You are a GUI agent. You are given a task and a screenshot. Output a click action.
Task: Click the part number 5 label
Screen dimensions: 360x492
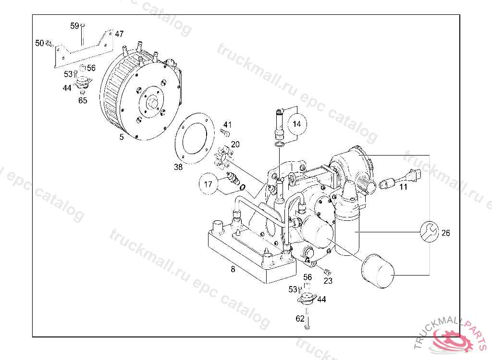122,137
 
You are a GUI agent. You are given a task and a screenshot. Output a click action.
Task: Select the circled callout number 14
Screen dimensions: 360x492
297,124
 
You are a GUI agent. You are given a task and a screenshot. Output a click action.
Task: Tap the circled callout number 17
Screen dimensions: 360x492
208,184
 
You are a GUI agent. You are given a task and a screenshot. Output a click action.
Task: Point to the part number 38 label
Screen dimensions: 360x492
178,167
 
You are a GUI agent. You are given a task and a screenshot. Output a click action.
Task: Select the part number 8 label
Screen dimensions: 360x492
233,269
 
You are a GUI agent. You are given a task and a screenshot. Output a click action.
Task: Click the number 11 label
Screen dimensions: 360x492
403,187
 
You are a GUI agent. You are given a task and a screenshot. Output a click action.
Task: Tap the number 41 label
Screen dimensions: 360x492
227,125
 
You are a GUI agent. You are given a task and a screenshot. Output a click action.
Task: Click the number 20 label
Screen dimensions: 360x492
235,144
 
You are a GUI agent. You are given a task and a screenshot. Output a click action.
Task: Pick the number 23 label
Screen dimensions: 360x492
328,281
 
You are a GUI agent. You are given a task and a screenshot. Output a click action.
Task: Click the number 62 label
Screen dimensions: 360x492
300,318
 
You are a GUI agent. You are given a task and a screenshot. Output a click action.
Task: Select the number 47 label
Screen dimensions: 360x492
119,34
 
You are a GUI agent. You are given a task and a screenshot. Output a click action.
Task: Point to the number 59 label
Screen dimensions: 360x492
74,26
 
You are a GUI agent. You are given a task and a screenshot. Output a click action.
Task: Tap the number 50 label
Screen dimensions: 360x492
39,43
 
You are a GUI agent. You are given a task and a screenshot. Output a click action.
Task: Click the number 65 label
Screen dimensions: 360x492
83,100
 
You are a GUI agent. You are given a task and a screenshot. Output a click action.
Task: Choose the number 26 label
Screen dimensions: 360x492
445,233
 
